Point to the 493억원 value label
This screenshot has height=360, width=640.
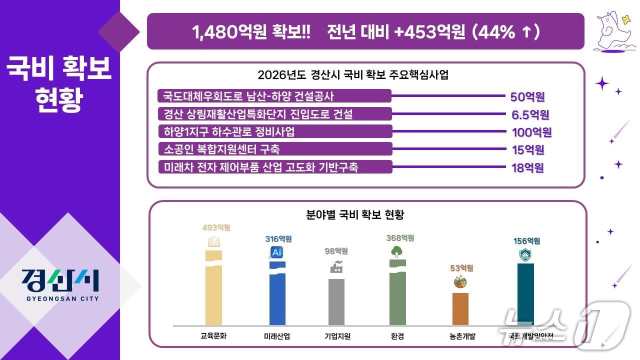pyautogui.click(x=216, y=228)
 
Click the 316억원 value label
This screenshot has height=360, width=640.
pyautogui.click(x=278, y=239)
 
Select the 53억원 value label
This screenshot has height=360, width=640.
pyautogui.click(x=461, y=268)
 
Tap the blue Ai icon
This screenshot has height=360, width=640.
pyautogui.click(x=277, y=252)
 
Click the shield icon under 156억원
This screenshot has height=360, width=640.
pyautogui.click(x=525, y=255)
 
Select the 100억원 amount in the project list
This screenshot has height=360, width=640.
pyautogui.click(x=531, y=132)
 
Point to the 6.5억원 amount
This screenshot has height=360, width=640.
pyautogui.click(x=530, y=115)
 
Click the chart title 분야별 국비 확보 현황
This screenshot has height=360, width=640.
pyautogui.click(x=354, y=215)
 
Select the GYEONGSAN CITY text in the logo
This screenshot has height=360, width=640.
pyautogui.click(x=62, y=298)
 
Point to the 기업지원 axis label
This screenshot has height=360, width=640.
pyautogui.click(x=337, y=336)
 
